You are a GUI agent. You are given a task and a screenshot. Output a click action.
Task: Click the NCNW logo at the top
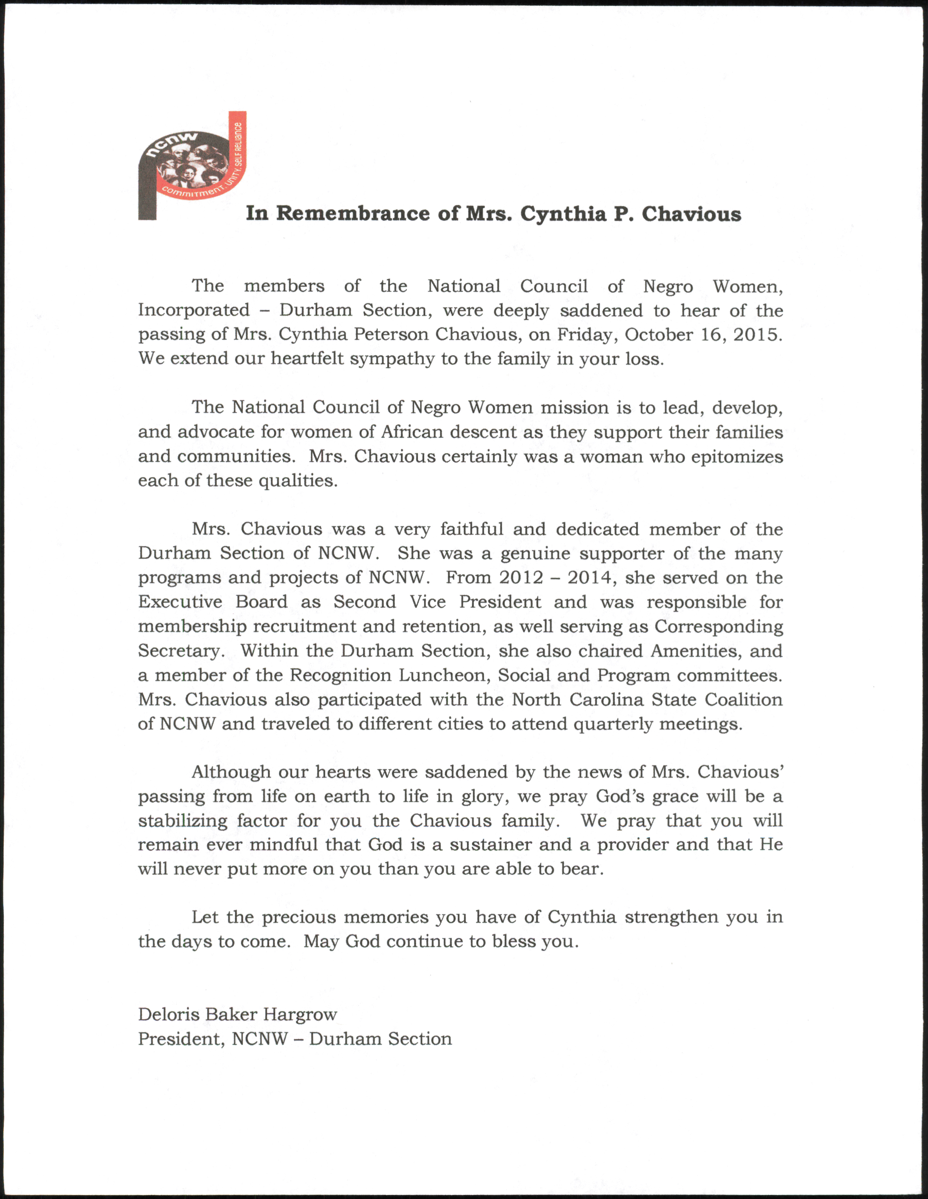[x=192, y=165]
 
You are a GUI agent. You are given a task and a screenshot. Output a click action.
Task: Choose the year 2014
[x=590, y=577]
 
